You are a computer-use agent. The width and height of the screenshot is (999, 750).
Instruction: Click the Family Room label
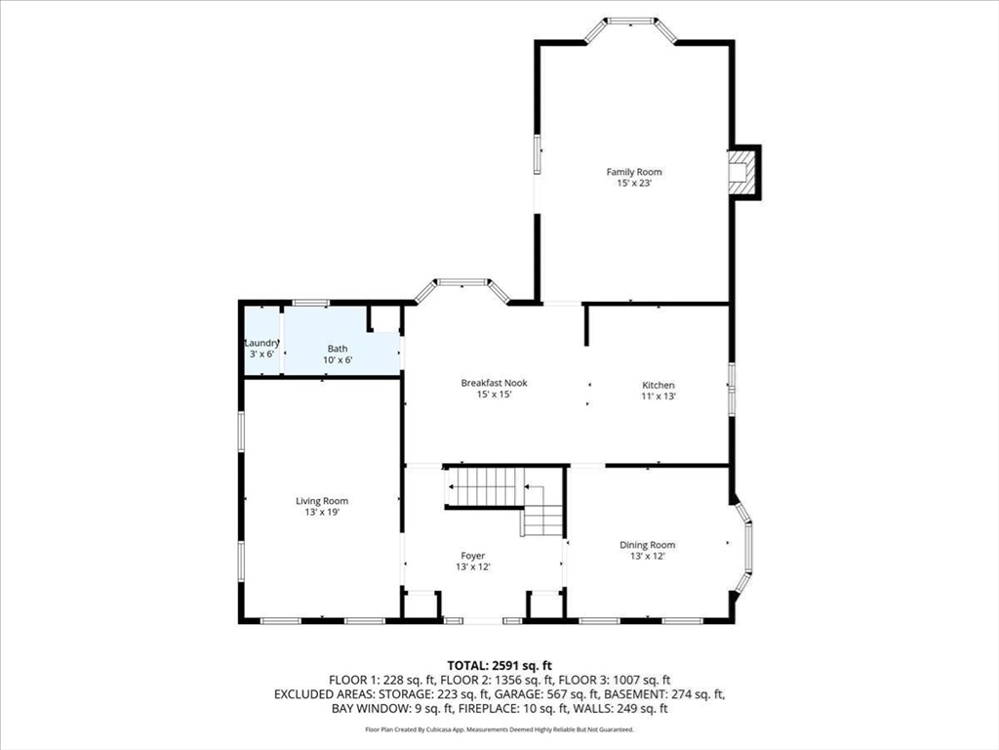tap(634, 172)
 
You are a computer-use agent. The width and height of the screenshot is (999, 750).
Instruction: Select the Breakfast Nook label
tap(494, 383)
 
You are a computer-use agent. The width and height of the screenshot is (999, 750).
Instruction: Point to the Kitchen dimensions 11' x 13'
tap(659, 396)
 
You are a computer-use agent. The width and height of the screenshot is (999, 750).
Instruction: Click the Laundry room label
tap(261, 343)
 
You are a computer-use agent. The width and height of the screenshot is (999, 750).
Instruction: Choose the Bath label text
tap(338, 349)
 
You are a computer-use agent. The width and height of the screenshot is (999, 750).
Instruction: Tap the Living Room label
tap(322, 501)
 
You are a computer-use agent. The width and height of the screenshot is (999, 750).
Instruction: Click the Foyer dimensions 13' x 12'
tap(473, 567)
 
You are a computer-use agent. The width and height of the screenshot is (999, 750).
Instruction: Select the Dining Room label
tap(648, 545)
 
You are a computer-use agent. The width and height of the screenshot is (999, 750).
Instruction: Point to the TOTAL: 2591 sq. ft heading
tap(499, 666)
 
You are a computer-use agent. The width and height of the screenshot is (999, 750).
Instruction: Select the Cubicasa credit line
tap(499, 729)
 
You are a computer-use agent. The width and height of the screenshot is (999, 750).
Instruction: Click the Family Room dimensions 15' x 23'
tap(634, 183)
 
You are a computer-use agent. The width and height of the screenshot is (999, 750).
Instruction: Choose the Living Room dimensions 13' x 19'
tap(322, 512)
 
